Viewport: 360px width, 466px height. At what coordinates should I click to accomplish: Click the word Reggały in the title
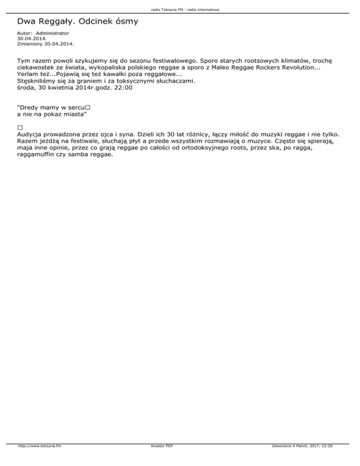tap(57, 22)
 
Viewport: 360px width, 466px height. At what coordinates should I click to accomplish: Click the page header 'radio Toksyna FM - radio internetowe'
tap(180, 9)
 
